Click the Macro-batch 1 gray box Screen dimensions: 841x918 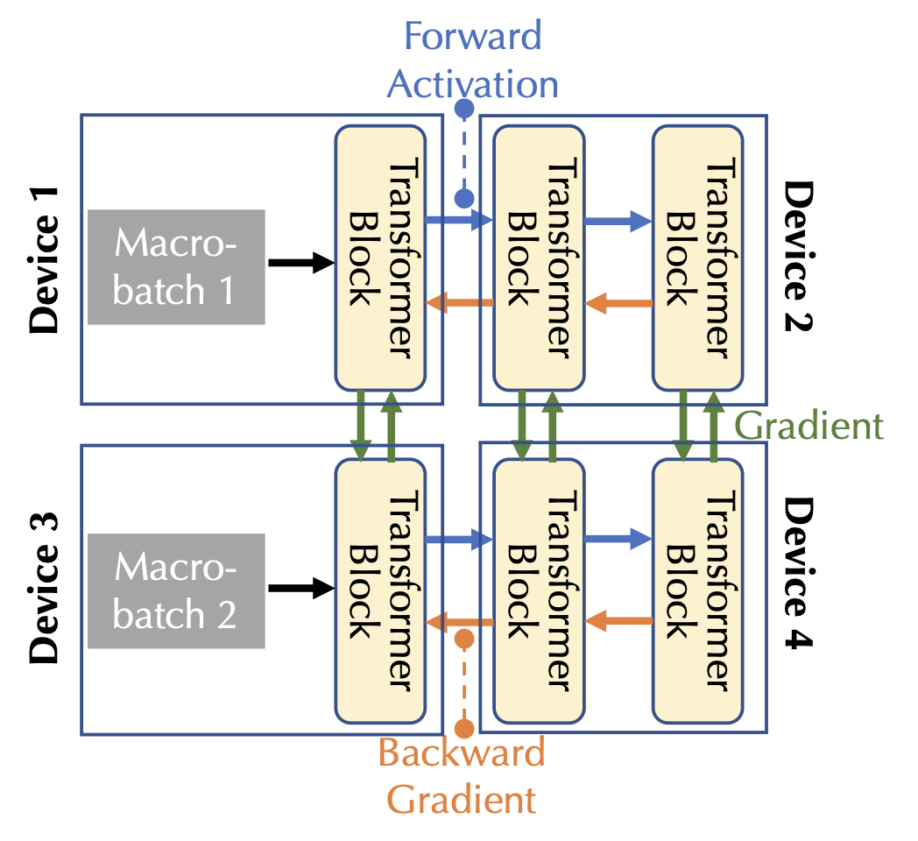[x=176, y=267]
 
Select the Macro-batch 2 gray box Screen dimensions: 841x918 [x=176, y=591]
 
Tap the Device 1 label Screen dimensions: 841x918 [x=44, y=259]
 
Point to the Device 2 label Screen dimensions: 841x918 [x=798, y=259]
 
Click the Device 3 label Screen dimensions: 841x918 [x=44, y=587]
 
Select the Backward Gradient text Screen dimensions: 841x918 [x=462, y=776]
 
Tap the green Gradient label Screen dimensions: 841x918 [x=808, y=427]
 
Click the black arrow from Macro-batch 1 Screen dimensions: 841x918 [x=301, y=262]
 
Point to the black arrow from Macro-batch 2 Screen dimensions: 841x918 [x=301, y=588]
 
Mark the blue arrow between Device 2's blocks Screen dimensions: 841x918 [x=618, y=223]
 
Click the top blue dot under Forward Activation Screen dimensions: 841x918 [x=465, y=109]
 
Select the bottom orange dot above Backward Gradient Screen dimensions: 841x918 [x=465, y=728]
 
